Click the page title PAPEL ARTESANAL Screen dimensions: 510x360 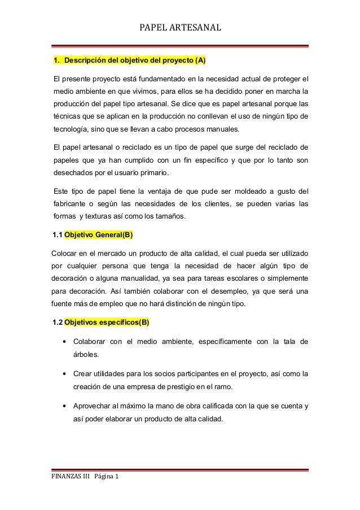tap(180, 27)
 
